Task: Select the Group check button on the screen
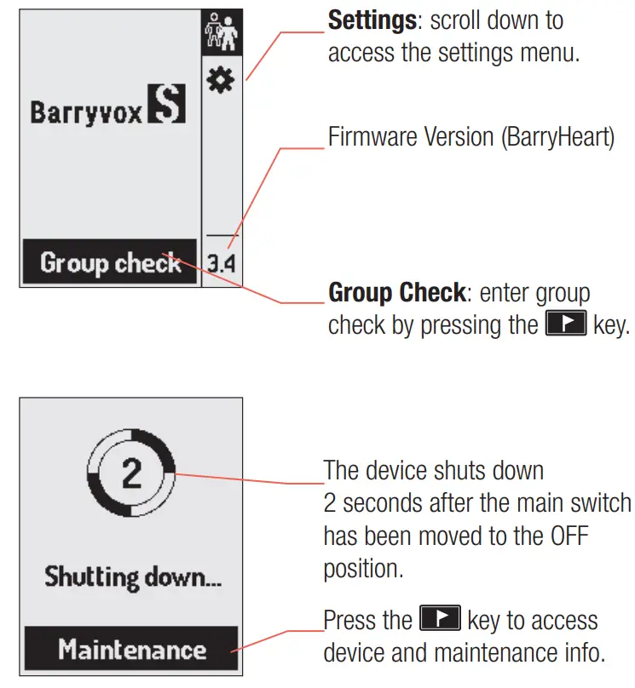110,262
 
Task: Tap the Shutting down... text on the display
133,577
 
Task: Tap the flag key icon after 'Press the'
441,619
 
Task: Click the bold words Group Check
396,294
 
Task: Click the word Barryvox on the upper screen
87,112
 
